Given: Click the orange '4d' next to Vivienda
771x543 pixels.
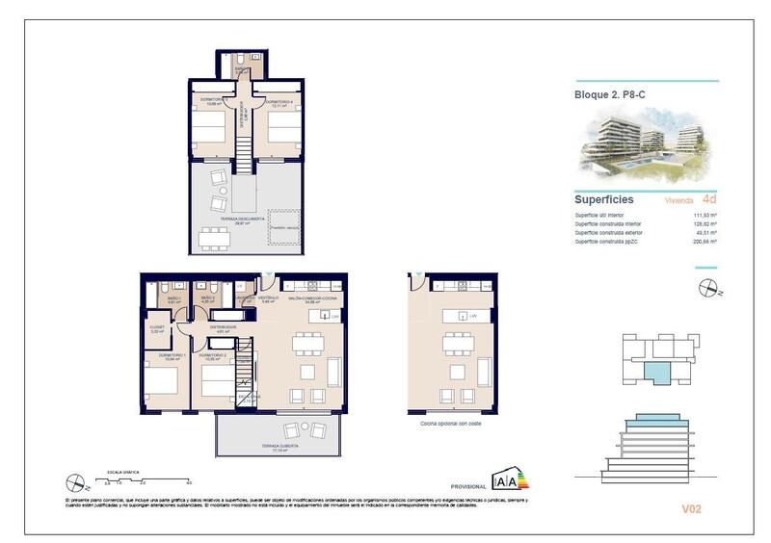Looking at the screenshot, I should click(x=709, y=201).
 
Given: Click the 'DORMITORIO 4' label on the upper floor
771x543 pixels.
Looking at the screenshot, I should click(x=279, y=101).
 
